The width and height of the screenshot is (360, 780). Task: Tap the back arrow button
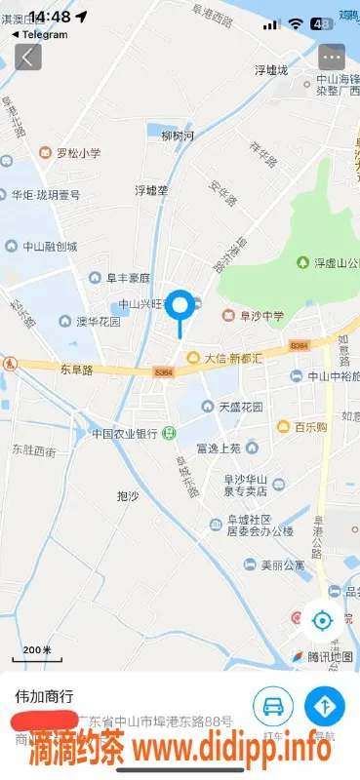[28, 57]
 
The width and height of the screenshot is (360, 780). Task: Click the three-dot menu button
[332, 57]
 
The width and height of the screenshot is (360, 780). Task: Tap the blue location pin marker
[180, 307]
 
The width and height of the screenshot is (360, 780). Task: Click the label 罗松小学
[78, 153]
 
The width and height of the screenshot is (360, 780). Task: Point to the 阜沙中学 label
[257, 315]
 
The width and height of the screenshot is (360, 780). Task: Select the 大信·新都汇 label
[232, 358]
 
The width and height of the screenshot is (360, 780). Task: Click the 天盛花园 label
[240, 406]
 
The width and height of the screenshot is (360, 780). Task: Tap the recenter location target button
[321, 618]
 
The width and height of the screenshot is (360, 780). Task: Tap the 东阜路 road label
[76, 370]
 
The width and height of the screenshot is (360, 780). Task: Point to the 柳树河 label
[178, 136]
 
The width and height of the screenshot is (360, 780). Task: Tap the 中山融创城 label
[50, 247]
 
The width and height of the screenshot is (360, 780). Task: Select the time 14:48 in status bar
[50, 17]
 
